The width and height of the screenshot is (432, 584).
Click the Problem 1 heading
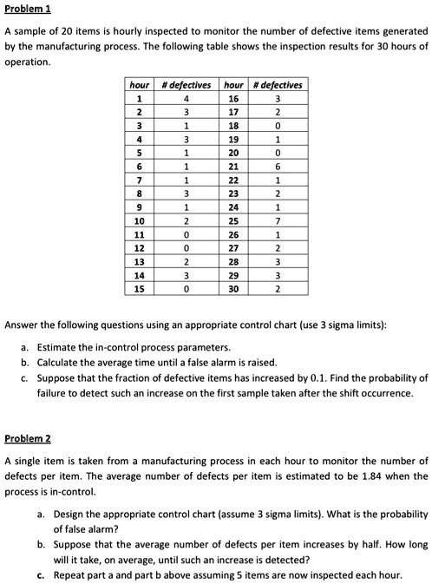point(28,9)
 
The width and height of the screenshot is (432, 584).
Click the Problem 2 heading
point(28,439)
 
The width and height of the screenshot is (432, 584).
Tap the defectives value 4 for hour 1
point(187,98)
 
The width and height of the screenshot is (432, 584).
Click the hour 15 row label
point(140,291)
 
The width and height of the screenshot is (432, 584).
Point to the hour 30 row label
point(233,291)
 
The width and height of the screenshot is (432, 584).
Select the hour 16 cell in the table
point(233,98)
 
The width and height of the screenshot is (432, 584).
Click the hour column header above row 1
point(140,84)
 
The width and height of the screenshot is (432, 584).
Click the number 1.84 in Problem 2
point(358,476)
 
